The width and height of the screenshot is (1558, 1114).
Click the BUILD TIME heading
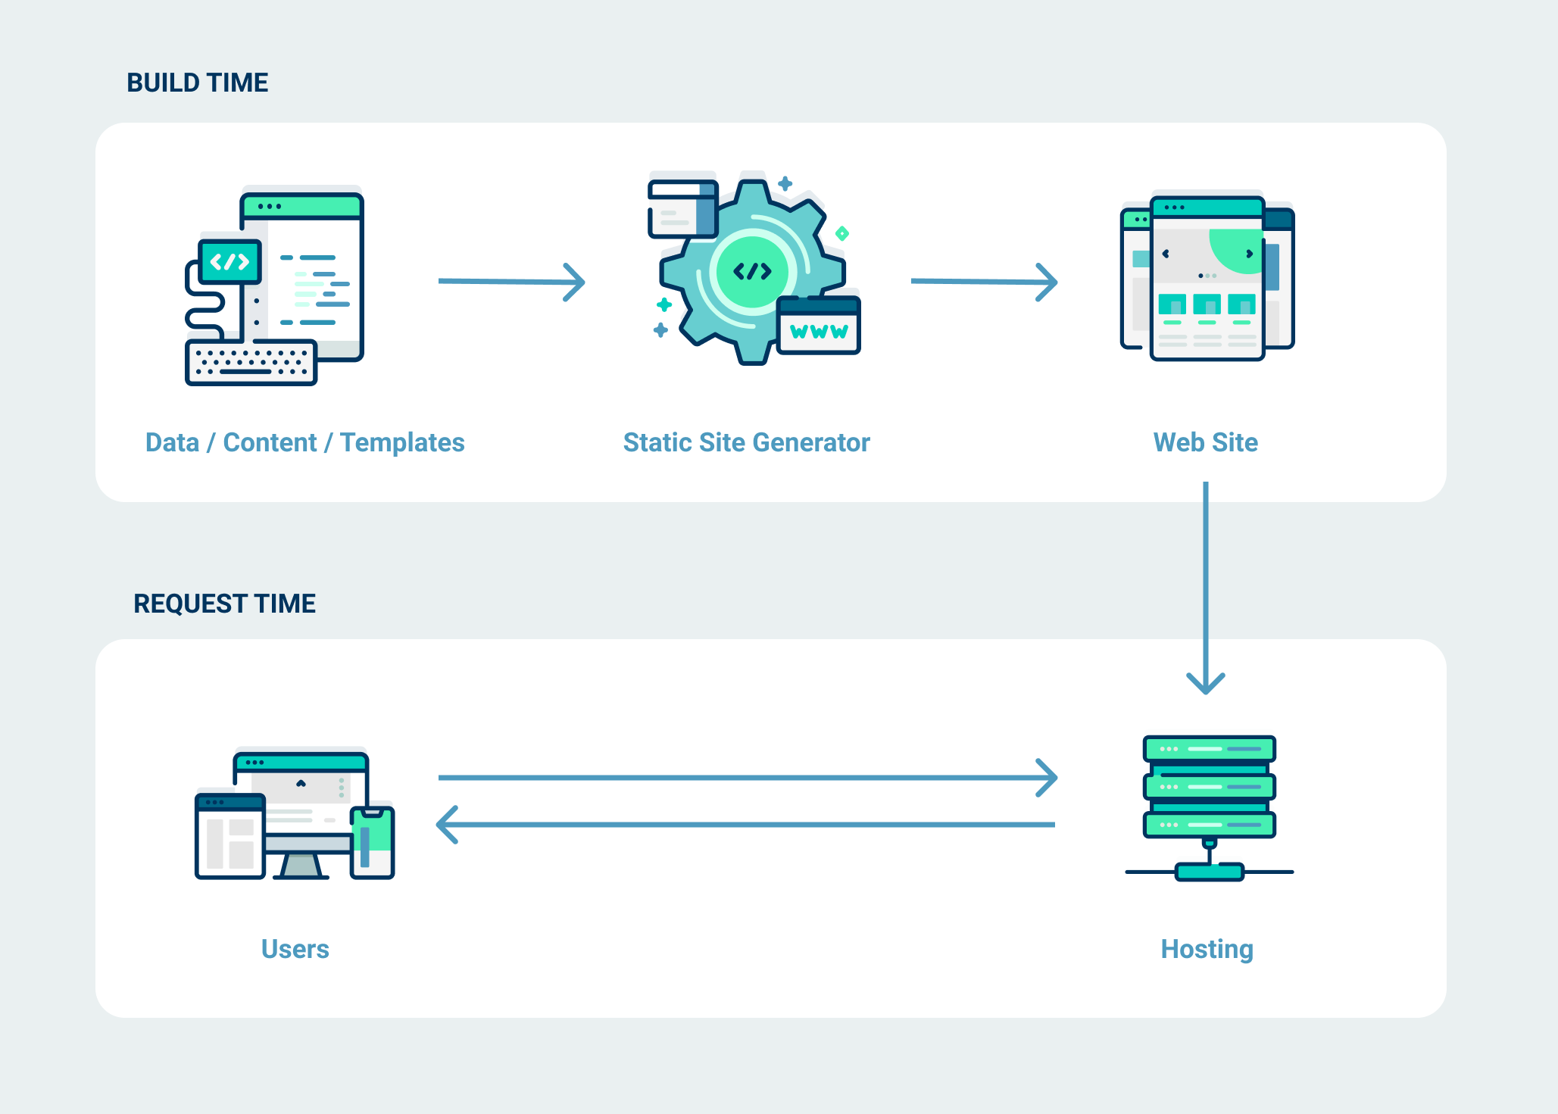click(x=197, y=83)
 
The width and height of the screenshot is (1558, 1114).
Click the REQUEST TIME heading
click(x=224, y=604)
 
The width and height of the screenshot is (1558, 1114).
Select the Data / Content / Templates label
click(x=304, y=442)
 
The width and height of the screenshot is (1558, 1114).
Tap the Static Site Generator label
click(x=746, y=442)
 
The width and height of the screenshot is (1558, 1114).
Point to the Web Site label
click(x=1205, y=442)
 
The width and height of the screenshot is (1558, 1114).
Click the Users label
click(x=295, y=949)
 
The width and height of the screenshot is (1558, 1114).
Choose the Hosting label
click(x=1207, y=949)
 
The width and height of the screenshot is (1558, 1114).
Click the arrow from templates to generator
click(x=511, y=282)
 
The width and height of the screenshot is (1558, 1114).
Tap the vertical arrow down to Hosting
click(x=1205, y=583)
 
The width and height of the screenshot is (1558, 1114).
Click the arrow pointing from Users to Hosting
click(x=746, y=778)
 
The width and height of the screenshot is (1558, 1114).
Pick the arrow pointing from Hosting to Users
click(x=746, y=824)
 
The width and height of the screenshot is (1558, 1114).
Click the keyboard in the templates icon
click(x=251, y=363)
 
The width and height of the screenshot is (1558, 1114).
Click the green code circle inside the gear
click(x=751, y=271)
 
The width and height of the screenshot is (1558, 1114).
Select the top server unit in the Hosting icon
click(x=1209, y=749)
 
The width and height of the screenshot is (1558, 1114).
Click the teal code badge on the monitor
click(x=229, y=262)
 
